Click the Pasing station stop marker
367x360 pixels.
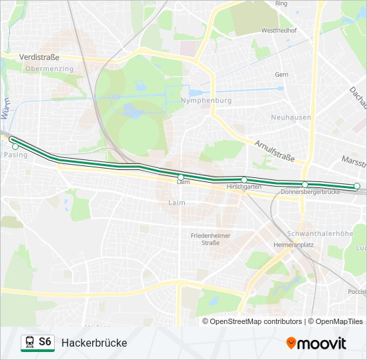point(15,146)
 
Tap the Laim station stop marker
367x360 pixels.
point(180,177)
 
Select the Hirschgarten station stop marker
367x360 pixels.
point(244,180)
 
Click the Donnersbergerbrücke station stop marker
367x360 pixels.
point(305,185)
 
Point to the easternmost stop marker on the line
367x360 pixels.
point(357,186)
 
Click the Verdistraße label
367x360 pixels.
point(39,58)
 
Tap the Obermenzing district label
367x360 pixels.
point(48,69)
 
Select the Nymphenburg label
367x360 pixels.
point(206,101)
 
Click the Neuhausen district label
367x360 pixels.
point(291,117)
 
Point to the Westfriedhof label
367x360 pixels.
point(278,31)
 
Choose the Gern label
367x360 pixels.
point(282,75)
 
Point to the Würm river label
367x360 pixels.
point(5,107)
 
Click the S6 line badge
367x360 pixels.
point(45,342)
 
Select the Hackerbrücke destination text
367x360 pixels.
point(94,343)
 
